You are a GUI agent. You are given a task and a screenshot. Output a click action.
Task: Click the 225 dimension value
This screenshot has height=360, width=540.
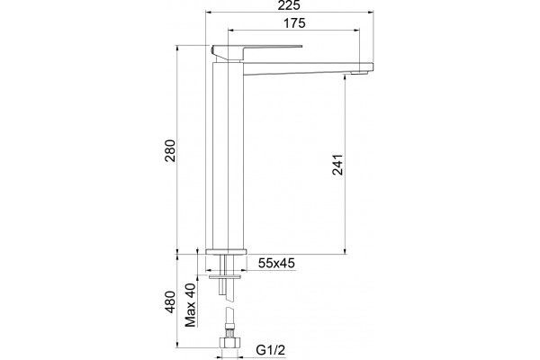[290, 5]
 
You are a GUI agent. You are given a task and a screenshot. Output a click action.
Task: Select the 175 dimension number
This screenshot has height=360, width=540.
[294, 23]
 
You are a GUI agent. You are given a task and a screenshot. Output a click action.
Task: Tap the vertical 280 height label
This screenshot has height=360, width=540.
[170, 150]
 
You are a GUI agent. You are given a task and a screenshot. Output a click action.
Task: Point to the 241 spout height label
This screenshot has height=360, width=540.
[337, 165]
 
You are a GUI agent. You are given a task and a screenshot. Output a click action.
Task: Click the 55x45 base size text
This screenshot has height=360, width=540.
[276, 263]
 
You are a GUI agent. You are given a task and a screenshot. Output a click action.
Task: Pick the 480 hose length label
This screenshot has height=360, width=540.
[170, 302]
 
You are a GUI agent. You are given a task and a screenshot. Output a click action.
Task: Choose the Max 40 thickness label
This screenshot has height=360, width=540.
[190, 305]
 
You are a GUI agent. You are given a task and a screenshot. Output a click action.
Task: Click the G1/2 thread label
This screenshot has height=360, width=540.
[271, 350]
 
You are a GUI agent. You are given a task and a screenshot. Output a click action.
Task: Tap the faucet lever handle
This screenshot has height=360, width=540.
[256, 51]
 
